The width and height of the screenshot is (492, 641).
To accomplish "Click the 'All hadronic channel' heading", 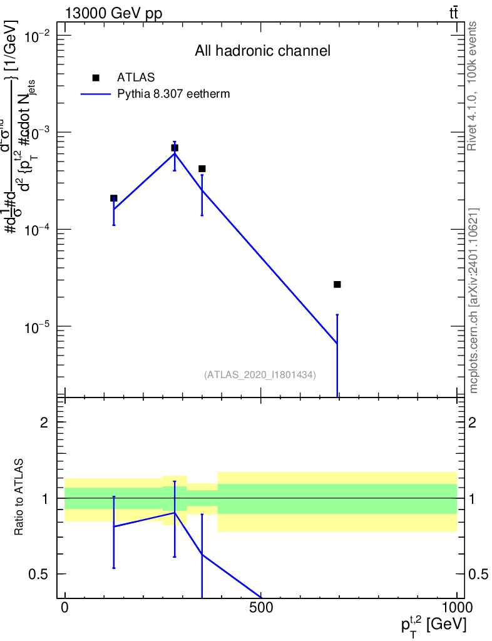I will pyautogui.click(x=262, y=51).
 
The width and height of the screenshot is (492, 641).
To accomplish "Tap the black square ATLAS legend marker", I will pyautogui.click(x=96, y=78).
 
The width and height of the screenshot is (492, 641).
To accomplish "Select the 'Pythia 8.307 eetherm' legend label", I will pyautogui.click(x=174, y=95).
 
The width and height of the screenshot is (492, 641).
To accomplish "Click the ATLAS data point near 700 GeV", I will pyautogui.click(x=337, y=284).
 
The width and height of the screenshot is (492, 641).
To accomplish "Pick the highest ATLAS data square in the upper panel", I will pyautogui.click(x=175, y=148).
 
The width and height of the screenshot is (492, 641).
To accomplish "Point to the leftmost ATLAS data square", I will pyautogui.click(x=114, y=198).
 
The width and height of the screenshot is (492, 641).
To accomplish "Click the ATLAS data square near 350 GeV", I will pyautogui.click(x=202, y=169).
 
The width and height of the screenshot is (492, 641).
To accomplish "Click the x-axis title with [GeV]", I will pyautogui.click(x=433, y=624).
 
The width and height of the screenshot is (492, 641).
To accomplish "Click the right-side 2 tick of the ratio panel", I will pyautogui.click(x=474, y=423).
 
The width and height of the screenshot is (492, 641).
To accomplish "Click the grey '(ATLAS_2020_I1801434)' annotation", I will pyautogui.click(x=260, y=375).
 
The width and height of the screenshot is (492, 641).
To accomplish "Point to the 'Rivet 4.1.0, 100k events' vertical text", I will pyautogui.click(x=473, y=86).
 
